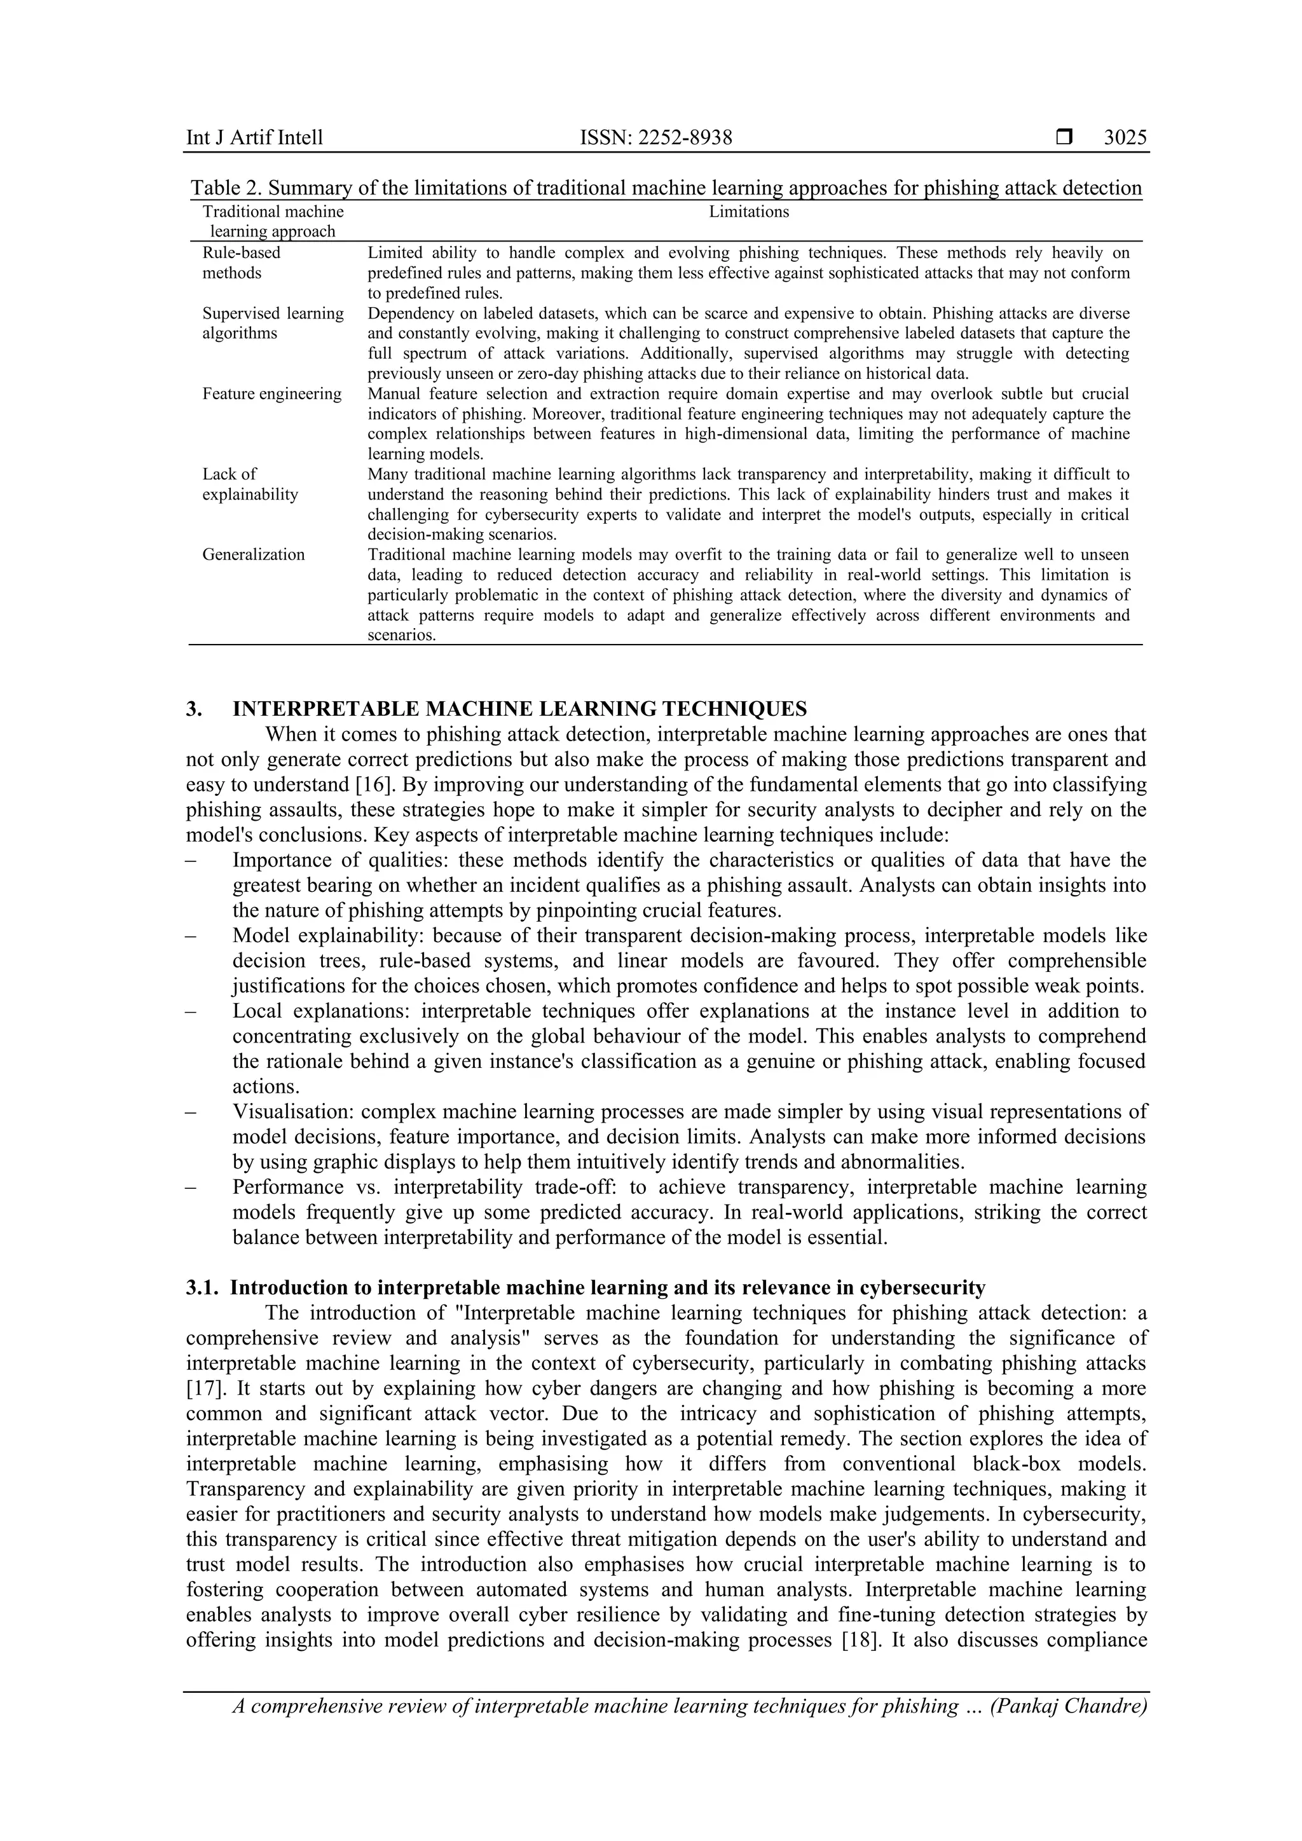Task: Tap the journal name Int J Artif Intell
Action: coord(254,138)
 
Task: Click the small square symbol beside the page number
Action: coord(1064,138)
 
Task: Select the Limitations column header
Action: coord(749,212)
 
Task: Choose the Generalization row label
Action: coord(254,555)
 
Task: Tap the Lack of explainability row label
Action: coord(249,484)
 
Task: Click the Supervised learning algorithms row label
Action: coord(273,323)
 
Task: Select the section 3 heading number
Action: coord(194,709)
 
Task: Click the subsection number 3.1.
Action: coord(202,1288)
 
